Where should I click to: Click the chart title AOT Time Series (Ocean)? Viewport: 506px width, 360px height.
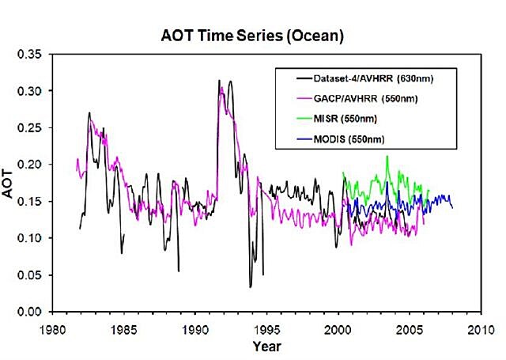click(x=254, y=36)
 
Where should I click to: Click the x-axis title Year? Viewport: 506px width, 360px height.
click(x=266, y=346)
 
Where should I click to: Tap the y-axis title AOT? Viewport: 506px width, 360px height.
click(x=13, y=183)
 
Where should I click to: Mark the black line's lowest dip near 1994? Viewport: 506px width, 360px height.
click(x=250, y=286)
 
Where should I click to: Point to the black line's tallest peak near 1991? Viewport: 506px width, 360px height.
click(x=219, y=80)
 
